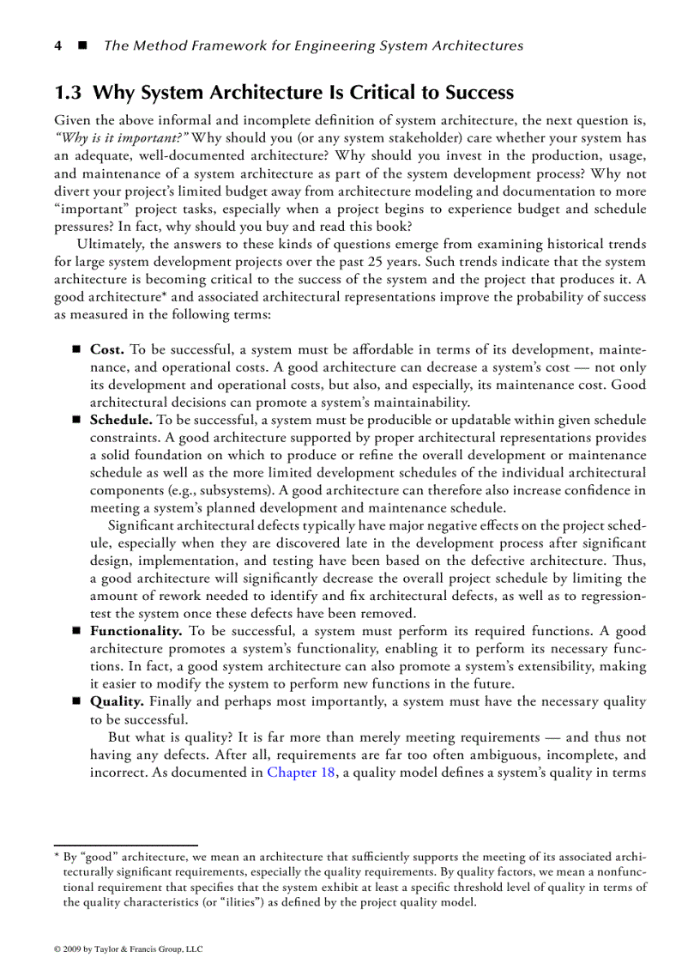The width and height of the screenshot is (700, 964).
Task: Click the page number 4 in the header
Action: coord(57,45)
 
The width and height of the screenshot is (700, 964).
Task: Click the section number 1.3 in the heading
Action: coord(69,93)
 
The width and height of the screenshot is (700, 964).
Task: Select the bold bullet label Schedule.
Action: coord(121,420)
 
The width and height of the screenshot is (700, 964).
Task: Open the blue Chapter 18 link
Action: coord(301,772)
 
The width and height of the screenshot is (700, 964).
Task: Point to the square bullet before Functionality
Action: coord(75,631)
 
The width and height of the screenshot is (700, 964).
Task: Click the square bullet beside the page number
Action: coord(82,45)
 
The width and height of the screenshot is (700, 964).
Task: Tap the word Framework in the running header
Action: coord(218,45)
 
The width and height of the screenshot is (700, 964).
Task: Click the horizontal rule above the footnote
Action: coord(125,846)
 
